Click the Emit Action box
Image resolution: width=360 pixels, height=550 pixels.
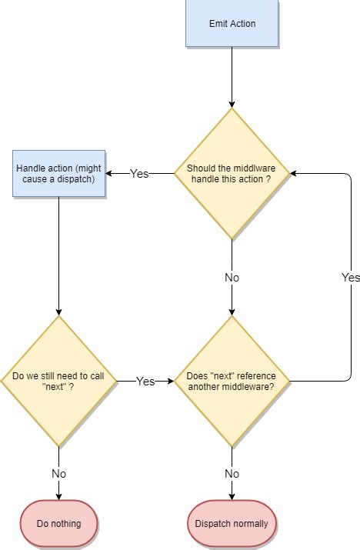232,23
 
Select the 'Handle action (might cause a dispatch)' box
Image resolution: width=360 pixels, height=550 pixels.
58,173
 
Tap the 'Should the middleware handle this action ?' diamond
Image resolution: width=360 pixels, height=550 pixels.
232,173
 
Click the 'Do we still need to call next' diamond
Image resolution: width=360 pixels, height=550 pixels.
58,381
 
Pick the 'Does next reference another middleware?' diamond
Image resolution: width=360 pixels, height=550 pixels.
232,381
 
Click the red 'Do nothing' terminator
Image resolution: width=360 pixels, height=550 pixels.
58,524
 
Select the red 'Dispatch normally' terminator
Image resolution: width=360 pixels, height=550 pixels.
232,524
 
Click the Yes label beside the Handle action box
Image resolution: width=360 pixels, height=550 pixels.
139,174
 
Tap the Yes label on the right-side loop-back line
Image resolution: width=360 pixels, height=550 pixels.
351,278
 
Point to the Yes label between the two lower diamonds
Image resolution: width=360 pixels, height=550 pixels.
145,382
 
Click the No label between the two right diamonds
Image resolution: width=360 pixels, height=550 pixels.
232,278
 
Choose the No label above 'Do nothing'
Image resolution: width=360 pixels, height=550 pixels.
58,474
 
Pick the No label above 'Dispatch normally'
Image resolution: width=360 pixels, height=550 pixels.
232,474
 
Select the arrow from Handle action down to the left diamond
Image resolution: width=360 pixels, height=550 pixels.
58,254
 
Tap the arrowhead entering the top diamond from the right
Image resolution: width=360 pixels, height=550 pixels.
294,174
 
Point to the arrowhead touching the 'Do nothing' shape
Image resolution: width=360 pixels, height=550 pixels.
58,496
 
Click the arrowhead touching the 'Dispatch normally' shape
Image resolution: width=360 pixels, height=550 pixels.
232,496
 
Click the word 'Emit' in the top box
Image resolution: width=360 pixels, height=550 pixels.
219,23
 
